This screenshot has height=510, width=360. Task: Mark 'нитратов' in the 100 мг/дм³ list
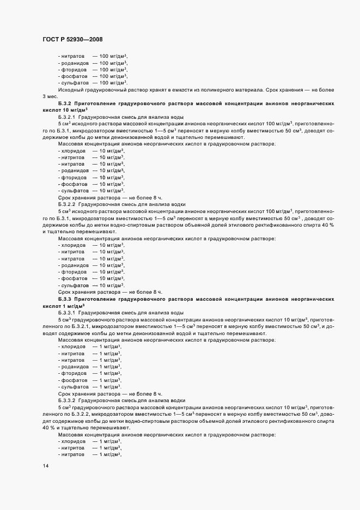point(73,56)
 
